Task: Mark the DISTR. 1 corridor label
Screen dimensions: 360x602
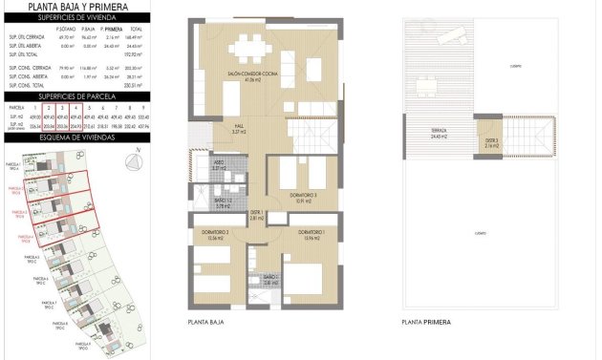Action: [257, 215]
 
